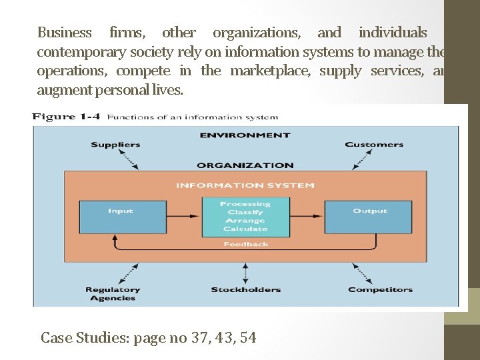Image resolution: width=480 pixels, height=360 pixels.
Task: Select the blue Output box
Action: pyautogui.click(x=369, y=217)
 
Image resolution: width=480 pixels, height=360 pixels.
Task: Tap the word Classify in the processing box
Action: pyautogui.click(x=245, y=212)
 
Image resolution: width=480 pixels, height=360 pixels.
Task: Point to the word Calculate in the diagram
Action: pyautogui.click(x=245, y=229)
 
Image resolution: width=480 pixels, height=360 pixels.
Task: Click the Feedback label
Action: pyautogui.click(x=246, y=244)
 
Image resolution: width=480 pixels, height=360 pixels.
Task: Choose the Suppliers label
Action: pyautogui.click(x=115, y=144)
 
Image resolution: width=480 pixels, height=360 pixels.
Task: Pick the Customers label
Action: pyautogui.click(x=374, y=144)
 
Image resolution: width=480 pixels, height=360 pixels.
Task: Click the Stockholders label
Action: pyautogui.click(x=246, y=289)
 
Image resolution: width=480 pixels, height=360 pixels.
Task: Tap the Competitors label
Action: pyautogui.click(x=380, y=289)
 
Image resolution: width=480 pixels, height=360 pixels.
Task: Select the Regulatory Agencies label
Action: pyautogui.click(x=113, y=293)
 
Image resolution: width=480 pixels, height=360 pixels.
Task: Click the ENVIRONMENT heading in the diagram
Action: pyautogui.click(x=245, y=135)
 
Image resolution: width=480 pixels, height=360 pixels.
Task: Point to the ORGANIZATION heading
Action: pyautogui.click(x=245, y=165)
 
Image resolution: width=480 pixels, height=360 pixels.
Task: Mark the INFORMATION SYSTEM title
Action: pyautogui.click(x=245, y=185)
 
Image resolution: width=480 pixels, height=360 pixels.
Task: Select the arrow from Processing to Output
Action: pyautogui.click(x=307, y=217)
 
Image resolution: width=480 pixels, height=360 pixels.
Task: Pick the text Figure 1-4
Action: pyautogui.click(x=66, y=117)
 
